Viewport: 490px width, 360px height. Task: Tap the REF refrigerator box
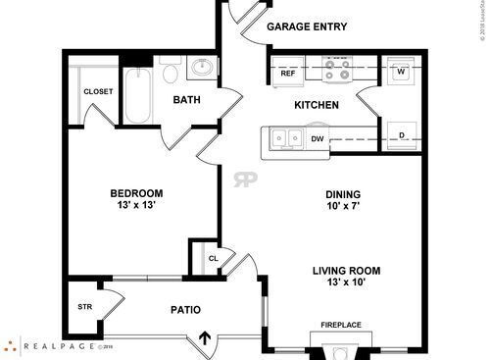pos(288,74)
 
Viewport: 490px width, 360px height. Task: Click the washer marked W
pos(401,71)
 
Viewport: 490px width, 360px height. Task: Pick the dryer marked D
pos(402,135)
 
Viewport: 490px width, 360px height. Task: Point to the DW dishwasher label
pos(318,139)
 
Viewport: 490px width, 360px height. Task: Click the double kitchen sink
pos(287,139)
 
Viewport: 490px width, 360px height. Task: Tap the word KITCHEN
pos(317,105)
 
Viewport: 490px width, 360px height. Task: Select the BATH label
pos(187,100)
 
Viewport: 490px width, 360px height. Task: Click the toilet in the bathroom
pos(169,72)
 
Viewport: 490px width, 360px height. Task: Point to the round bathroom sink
pos(203,69)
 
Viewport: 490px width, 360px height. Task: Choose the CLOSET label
pos(98,91)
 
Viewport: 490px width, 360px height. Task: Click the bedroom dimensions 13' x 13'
pos(135,206)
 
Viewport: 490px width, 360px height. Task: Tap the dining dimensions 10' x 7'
pos(343,207)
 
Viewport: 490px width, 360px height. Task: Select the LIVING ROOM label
pos(346,271)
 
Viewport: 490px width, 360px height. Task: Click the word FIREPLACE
pos(341,325)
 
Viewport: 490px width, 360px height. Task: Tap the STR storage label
pos(84,307)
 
